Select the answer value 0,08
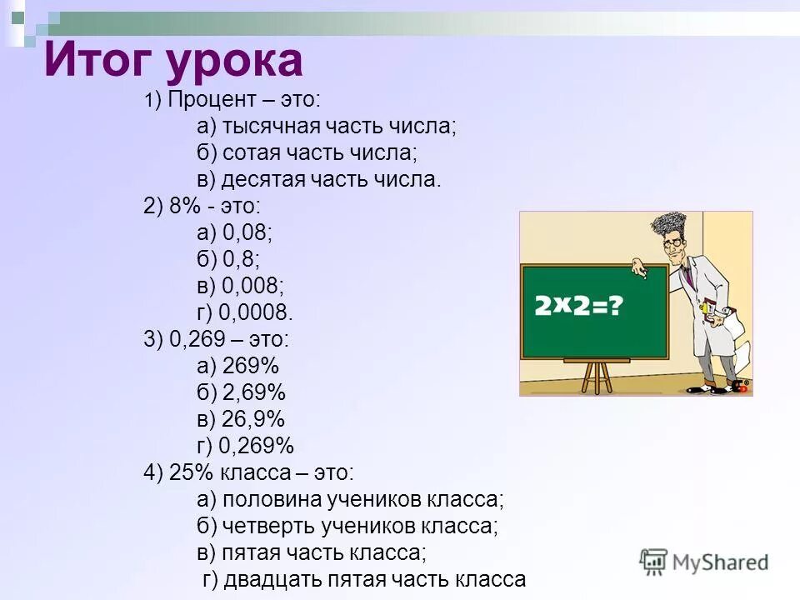coord(247,232)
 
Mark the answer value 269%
coord(251,366)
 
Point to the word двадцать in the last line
coord(272,580)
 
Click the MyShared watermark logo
coord(704,562)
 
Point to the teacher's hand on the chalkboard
coord(640,268)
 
